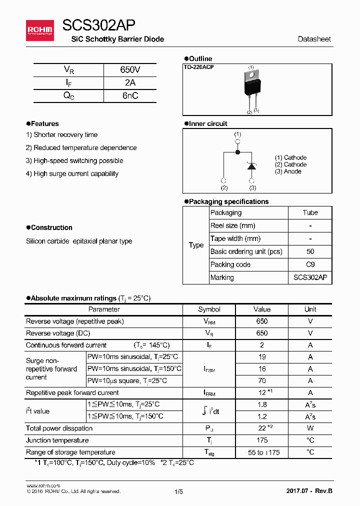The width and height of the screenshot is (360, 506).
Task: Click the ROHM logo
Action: click(x=39, y=30)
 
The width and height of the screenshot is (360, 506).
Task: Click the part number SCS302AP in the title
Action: click(x=98, y=26)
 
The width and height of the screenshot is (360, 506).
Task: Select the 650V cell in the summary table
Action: click(x=130, y=70)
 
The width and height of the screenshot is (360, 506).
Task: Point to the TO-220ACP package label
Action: click(x=198, y=67)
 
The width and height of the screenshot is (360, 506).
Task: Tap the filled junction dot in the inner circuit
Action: click(x=237, y=151)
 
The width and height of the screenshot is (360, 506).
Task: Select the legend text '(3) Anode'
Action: click(x=288, y=171)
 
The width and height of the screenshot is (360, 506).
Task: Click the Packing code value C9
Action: click(x=310, y=264)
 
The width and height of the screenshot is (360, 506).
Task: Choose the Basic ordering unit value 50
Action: click(x=310, y=251)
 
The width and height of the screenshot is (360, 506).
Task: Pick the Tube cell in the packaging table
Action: click(x=310, y=212)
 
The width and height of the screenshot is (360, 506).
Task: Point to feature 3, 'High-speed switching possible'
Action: click(x=74, y=160)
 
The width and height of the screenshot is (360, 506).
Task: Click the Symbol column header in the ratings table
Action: click(x=209, y=309)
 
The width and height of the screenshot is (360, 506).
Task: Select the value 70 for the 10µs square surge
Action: click(x=261, y=380)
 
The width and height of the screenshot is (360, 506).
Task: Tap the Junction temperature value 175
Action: click(x=261, y=440)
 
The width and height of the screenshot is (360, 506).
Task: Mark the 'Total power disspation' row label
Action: click(x=59, y=428)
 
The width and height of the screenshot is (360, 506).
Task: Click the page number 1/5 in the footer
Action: click(x=179, y=491)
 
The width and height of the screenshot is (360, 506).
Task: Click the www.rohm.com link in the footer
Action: click(x=43, y=485)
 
